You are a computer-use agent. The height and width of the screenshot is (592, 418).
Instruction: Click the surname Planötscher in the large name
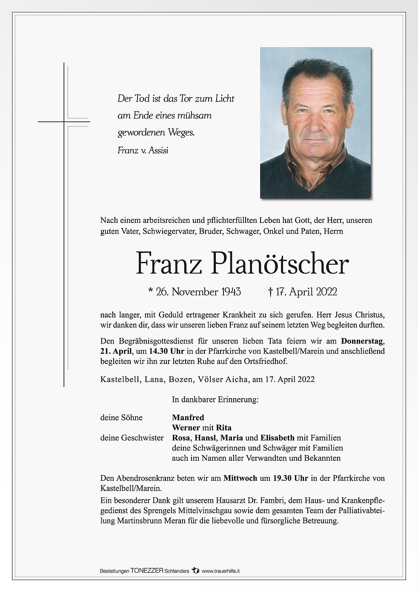[x=280, y=264]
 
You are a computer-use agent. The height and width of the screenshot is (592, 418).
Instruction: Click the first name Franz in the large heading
[x=169, y=264]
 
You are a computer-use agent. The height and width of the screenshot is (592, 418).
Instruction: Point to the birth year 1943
[x=231, y=292]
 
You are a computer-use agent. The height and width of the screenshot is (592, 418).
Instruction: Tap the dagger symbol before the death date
[x=270, y=292]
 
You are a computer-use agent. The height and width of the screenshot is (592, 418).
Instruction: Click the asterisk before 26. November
[x=151, y=291]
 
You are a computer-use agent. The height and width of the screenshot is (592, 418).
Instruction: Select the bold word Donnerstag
[x=363, y=341]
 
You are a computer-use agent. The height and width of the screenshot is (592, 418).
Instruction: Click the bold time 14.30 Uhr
[x=166, y=351]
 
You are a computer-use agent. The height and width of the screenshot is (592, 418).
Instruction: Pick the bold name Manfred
[x=188, y=417]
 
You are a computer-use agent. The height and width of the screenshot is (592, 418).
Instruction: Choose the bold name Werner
[x=186, y=427]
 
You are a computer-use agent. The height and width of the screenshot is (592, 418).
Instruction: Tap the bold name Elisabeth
[x=278, y=438]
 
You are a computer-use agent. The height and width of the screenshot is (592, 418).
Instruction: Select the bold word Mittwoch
[x=240, y=478]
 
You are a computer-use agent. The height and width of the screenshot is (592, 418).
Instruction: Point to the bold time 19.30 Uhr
[x=290, y=478]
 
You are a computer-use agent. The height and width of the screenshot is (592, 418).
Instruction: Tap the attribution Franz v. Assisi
[x=143, y=150]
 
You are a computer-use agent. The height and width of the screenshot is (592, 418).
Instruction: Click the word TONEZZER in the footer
[x=147, y=571]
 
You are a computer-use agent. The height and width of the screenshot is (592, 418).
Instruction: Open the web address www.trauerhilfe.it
[x=220, y=571]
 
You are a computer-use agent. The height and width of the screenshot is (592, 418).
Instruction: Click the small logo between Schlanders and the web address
[x=195, y=570]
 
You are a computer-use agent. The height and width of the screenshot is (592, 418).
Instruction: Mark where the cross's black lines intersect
[x=64, y=122]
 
